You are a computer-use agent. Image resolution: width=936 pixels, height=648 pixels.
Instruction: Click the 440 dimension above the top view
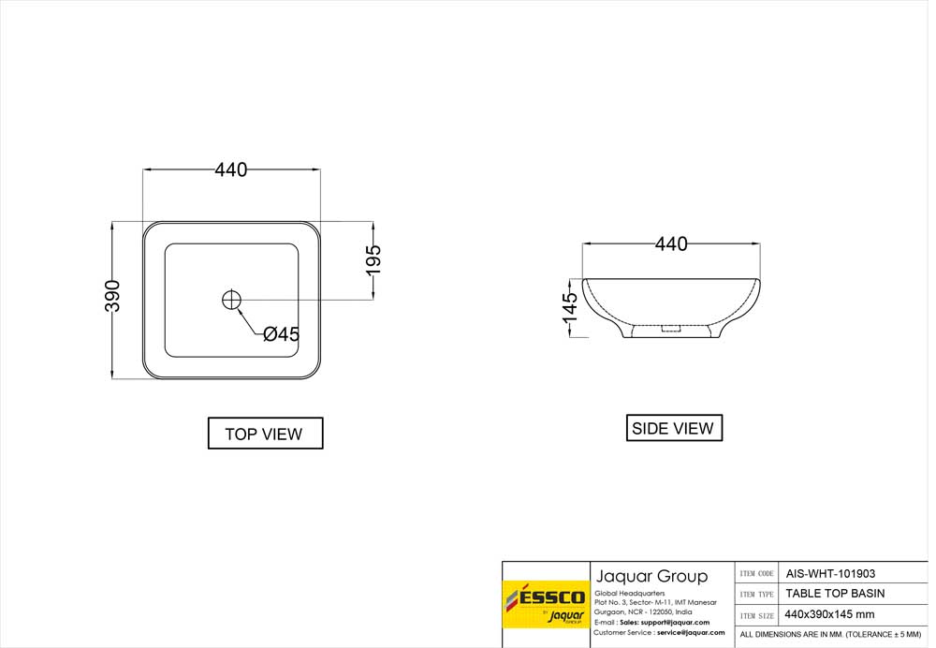pyautogui.click(x=231, y=170)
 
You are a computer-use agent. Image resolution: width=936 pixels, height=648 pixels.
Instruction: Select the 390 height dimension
pyautogui.click(x=113, y=296)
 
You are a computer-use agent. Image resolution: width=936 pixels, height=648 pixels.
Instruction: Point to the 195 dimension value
pyautogui.click(x=373, y=259)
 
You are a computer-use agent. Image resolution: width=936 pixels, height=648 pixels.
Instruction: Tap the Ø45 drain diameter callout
pyautogui.click(x=281, y=334)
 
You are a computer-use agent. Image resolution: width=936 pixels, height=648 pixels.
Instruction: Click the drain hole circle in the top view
pyautogui.click(x=231, y=300)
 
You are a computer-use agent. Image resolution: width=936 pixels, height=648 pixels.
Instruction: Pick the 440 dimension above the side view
pyautogui.click(x=671, y=243)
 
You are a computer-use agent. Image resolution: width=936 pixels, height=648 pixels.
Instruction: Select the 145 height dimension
pyautogui.click(x=571, y=306)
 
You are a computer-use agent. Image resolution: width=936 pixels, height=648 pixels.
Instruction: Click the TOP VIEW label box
pyautogui.click(x=265, y=433)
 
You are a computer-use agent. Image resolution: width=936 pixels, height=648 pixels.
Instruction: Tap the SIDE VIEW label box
pyautogui.click(x=674, y=428)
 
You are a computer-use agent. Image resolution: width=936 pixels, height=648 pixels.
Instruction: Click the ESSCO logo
pyautogui.click(x=546, y=604)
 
